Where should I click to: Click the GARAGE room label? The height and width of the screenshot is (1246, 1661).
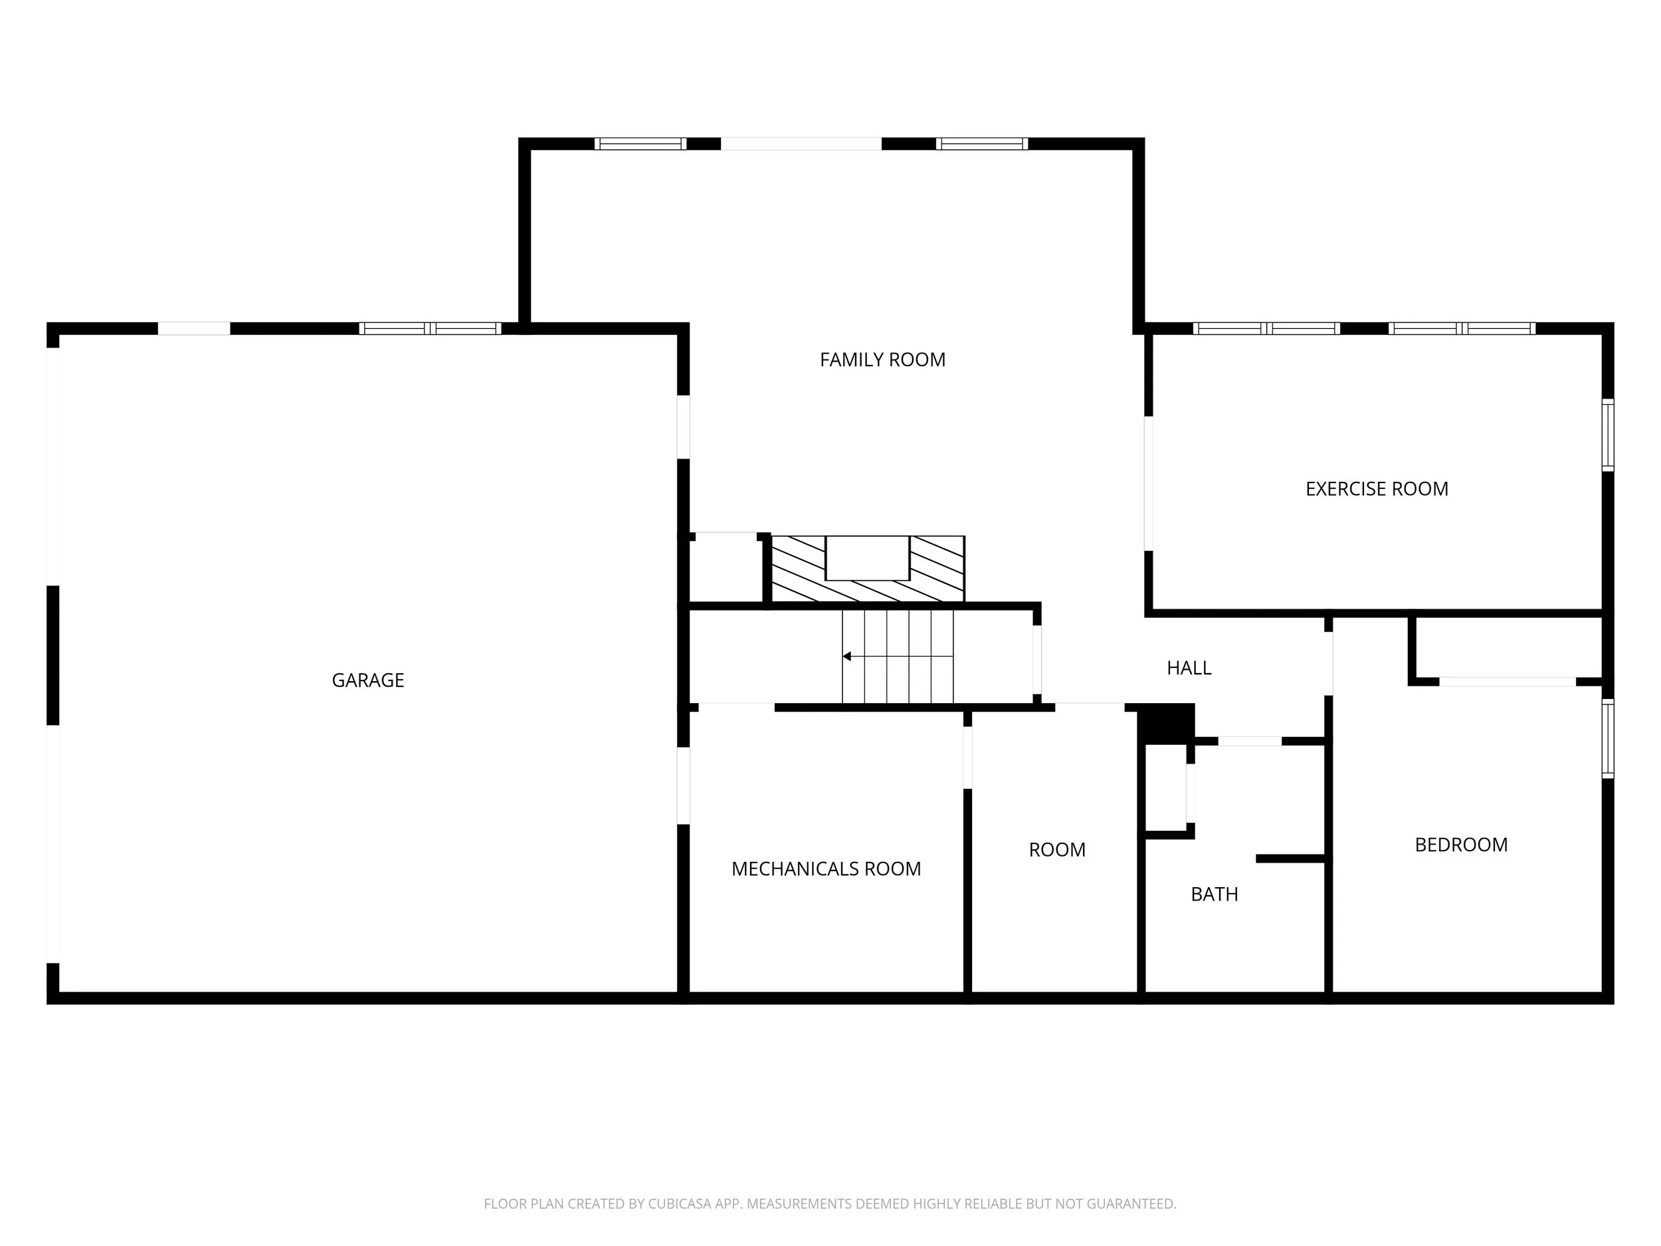pyautogui.click(x=368, y=680)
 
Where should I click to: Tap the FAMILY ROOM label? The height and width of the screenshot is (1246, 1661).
pyautogui.click(x=882, y=360)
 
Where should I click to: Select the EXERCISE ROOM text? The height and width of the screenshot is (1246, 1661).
pyautogui.click(x=1377, y=489)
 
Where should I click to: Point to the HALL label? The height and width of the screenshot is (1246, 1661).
pyautogui.click(x=1189, y=668)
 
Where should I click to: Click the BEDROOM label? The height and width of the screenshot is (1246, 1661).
pyautogui.click(x=1460, y=845)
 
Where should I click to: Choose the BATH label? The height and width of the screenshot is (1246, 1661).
pyautogui.click(x=1215, y=894)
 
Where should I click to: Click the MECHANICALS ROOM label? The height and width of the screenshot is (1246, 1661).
pyautogui.click(x=826, y=869)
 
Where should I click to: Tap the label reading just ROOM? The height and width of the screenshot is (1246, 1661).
pyautogui.click(x=1056, y=850)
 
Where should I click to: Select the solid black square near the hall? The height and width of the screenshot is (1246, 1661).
pyautogui.click(x=1166, y=725)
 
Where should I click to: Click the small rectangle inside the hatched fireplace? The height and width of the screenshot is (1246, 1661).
pyautogui.click(x=867, y=558)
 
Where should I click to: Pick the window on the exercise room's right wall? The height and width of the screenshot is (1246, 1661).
pyautogui.click(x=1608, y=436)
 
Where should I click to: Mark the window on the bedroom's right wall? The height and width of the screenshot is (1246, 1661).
pyautogui.click(x=1608, y=738)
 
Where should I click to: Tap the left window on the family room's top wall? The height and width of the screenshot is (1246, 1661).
pyautogui.click(x=640, y=144)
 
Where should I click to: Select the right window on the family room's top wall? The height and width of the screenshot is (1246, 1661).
pyautogui.click(x=981, y=144)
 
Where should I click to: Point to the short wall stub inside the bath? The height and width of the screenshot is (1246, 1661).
pyautogui.click(x=1290, y=859)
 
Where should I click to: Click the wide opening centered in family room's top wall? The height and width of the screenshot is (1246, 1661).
pyautogui.click(x=801, y=144)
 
